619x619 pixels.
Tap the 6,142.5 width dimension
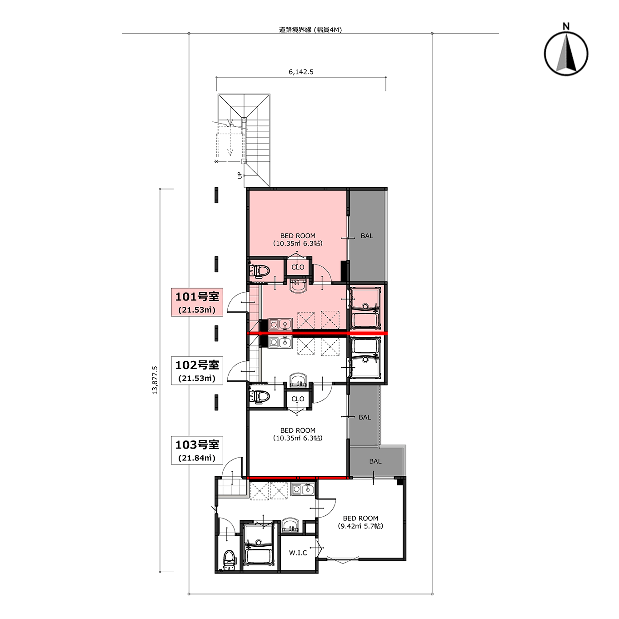point(301,72)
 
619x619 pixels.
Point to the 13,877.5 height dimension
point(155,380)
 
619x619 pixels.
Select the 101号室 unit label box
point(197,302)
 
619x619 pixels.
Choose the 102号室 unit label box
point(197,370)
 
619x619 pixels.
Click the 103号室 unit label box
point(197,450)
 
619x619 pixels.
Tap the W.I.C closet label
point(298,553)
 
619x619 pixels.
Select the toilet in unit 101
point(259,270)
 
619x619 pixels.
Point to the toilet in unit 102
point(259,396)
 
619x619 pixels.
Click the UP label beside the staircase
point(240,175)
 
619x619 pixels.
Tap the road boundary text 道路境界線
point(295,30)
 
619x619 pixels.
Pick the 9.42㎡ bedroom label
point(360,526)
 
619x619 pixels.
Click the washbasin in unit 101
point(299,285)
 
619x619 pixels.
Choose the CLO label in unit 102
point(298,399)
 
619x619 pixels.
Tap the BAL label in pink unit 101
point(367,236)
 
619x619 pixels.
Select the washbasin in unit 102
point(299,379)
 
